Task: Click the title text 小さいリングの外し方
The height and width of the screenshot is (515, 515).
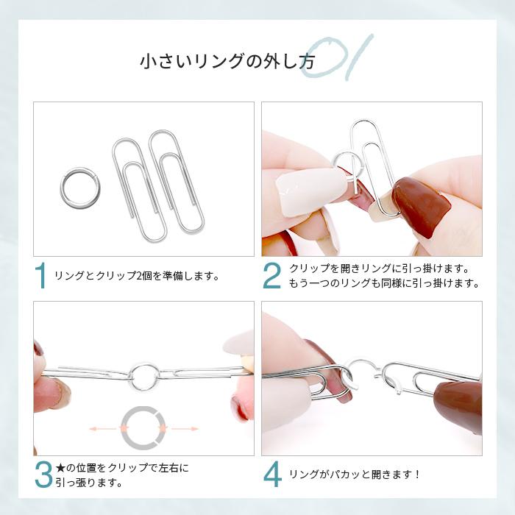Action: coord(227,62)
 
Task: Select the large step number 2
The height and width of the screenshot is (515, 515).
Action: coord(271,276)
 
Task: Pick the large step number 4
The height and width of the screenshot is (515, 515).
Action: coord(271,474)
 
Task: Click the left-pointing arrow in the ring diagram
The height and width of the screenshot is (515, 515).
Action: coord(102,427)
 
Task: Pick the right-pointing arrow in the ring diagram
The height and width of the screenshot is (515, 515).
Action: coord(183,427)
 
